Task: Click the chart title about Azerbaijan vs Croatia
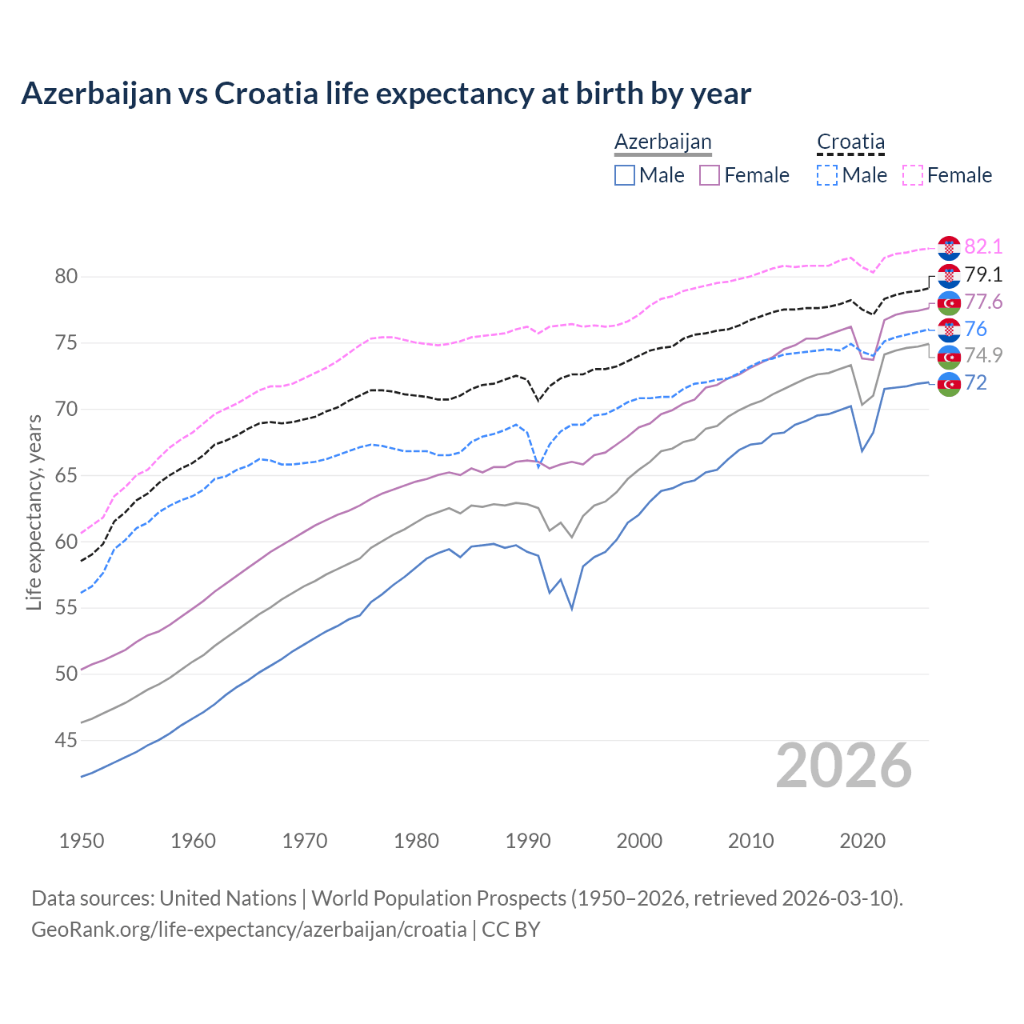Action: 386,94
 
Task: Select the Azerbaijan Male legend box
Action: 625,175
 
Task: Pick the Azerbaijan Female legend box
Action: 710,175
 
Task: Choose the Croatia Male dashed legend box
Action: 827,175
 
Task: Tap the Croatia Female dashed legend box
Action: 913,175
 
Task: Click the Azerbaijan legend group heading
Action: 662,142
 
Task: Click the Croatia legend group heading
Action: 850,142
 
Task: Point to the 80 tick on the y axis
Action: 66,277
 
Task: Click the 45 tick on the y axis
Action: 66,741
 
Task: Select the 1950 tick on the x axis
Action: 82,841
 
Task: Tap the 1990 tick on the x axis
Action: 528,841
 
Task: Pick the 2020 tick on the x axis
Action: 862,841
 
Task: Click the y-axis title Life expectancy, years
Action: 34,512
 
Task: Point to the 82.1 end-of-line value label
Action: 983,246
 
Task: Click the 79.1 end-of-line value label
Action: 983,274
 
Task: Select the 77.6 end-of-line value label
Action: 983,302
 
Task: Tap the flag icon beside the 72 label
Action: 949,384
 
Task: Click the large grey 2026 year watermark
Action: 844,766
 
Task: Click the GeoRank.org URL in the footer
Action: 249,930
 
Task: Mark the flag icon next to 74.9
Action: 949,357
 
